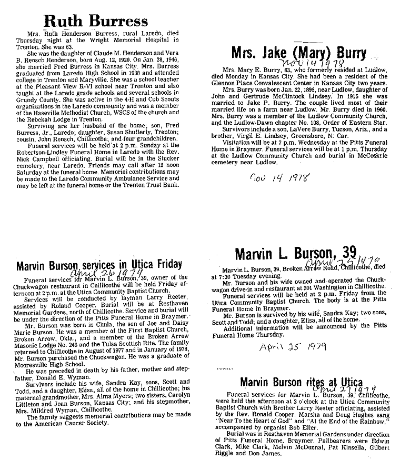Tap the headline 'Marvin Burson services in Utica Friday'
coord(99,264)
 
